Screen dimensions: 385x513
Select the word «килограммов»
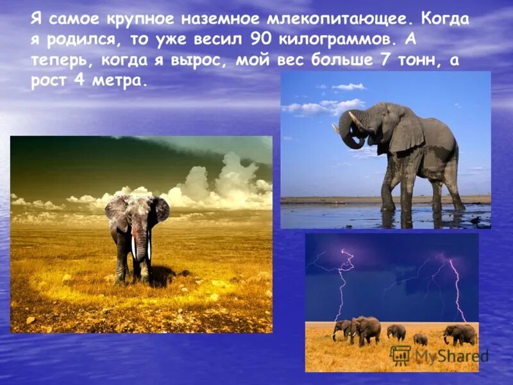pos(334,40)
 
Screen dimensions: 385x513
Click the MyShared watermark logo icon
pos(400,355)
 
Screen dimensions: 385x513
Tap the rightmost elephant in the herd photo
pos(460,334)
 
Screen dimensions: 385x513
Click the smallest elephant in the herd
pos(420,339)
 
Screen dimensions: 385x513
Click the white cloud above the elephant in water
pos(349,87)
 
